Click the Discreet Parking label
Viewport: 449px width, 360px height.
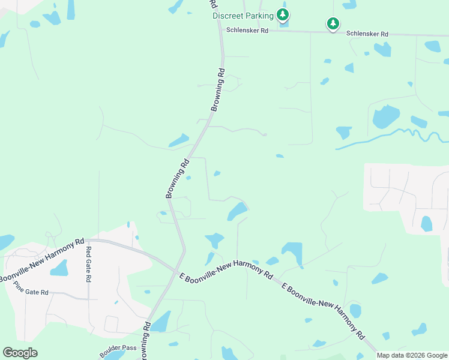pos(243,16)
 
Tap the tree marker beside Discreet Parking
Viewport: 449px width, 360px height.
pos(283,15)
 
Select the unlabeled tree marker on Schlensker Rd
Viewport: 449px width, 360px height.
pos(333,24)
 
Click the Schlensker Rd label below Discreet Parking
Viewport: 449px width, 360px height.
pos(247,30)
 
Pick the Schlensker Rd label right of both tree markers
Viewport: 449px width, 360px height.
pos(367,34)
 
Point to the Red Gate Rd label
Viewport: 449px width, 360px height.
pos(88,265)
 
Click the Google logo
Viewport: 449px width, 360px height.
pos(20,353)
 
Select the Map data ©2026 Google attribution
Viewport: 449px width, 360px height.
pos(412,355)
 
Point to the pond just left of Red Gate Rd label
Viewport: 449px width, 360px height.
pos(59,268)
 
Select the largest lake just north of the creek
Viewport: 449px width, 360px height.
pos(385,116)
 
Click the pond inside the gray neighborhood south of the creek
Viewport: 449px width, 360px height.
pos(426,224)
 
